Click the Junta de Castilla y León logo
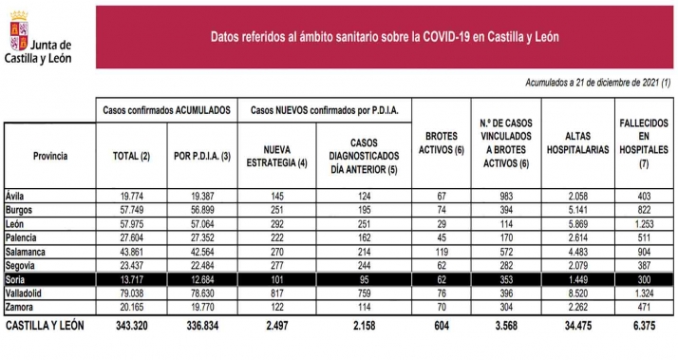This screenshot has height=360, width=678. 39,38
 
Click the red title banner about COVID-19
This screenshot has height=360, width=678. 384,36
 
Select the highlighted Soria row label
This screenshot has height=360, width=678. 18,280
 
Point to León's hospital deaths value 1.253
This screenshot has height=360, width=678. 650,223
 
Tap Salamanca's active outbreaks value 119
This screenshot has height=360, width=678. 440,252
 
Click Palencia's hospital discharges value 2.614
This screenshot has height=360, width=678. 584,237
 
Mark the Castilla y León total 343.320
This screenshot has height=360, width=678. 132,327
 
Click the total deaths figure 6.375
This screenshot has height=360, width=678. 650,327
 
